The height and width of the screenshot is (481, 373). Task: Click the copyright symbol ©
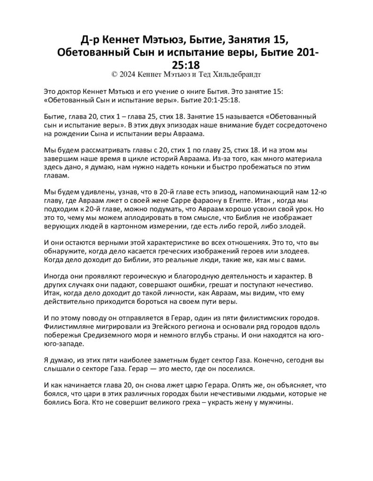(x=115, y=74)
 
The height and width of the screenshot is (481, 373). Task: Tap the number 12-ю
(x=316, y=191)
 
